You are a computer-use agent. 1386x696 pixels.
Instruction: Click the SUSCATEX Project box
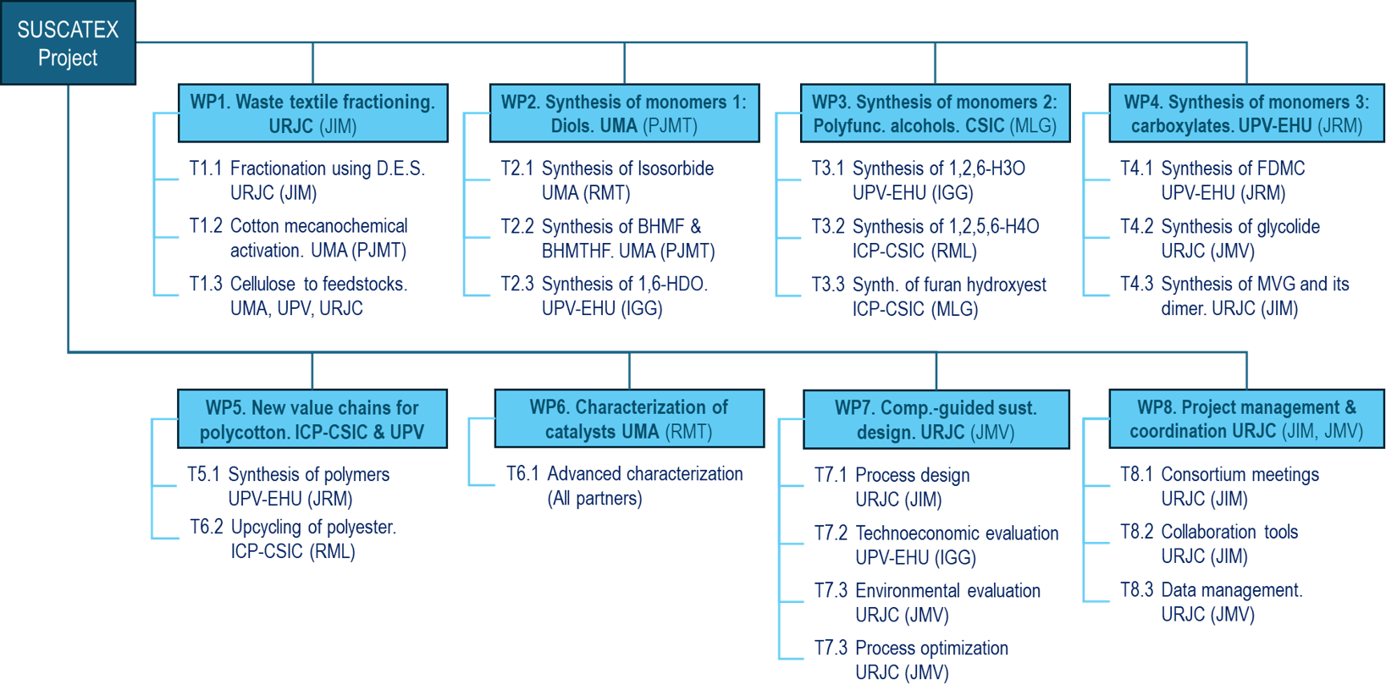pos(68,43)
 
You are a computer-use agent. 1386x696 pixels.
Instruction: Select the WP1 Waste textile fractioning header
pos(312,113)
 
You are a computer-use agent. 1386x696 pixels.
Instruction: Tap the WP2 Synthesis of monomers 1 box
pos(624,113)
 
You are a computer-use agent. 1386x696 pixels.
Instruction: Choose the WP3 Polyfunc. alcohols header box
pos(935,113)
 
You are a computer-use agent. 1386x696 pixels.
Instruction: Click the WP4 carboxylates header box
pos(1246,113)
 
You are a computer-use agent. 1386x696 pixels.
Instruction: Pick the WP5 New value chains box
pos(312,419)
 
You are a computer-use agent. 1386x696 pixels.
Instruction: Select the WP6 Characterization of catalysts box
pos(629,419)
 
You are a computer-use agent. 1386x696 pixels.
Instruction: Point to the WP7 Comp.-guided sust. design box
pos(936,419)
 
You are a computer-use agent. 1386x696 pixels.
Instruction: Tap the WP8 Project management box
pos(1246,419)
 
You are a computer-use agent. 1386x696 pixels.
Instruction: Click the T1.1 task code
pos(205,168)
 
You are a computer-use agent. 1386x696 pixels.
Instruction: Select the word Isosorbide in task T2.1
pos(669,168)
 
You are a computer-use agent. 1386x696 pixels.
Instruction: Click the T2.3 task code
pos(516,284)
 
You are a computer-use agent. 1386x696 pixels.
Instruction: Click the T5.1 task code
pos(203,475)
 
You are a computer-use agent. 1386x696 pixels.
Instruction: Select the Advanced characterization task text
pos(645,474)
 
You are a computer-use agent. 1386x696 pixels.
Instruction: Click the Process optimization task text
pos(931,649)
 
